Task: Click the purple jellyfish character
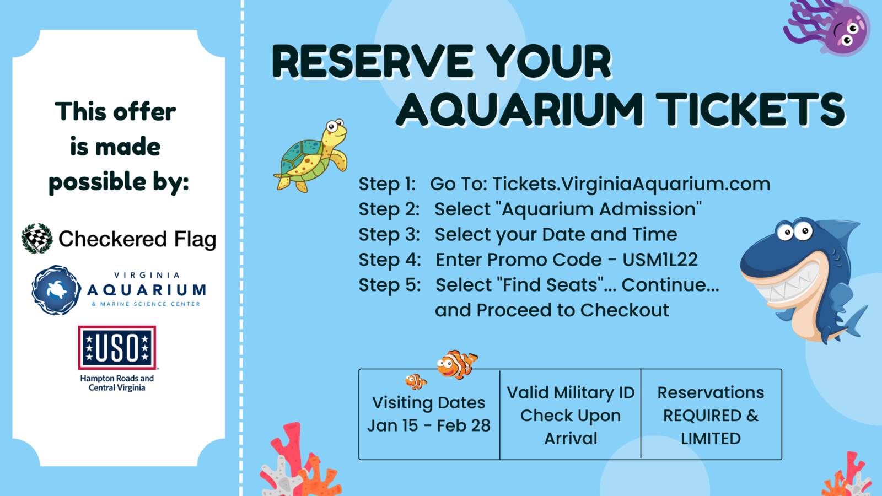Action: tap(831, 28)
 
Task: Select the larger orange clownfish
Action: tap(457, 364)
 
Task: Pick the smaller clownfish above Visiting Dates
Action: tap(416, 381)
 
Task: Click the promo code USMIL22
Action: tap(660, 260)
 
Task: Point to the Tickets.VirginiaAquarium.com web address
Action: tap(631, 184)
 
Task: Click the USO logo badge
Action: tap(117, 348)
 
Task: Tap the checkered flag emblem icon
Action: tap(37, 239)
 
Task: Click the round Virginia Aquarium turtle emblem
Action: tap(56, 290)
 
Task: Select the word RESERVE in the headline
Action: tap(373, 61)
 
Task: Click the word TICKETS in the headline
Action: tap(750, 110)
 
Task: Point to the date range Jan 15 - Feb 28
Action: tap(429, 425)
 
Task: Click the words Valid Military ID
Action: tap(571, 392)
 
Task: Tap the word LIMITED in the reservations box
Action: tap(711, 439)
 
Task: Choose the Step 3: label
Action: tap(389, 235)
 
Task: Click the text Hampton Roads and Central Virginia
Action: tap(117, 383)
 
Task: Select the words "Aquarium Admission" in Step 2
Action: tap(601, 209)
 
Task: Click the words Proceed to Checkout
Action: tap(573, 310)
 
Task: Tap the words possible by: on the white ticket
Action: tap(119, 182)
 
